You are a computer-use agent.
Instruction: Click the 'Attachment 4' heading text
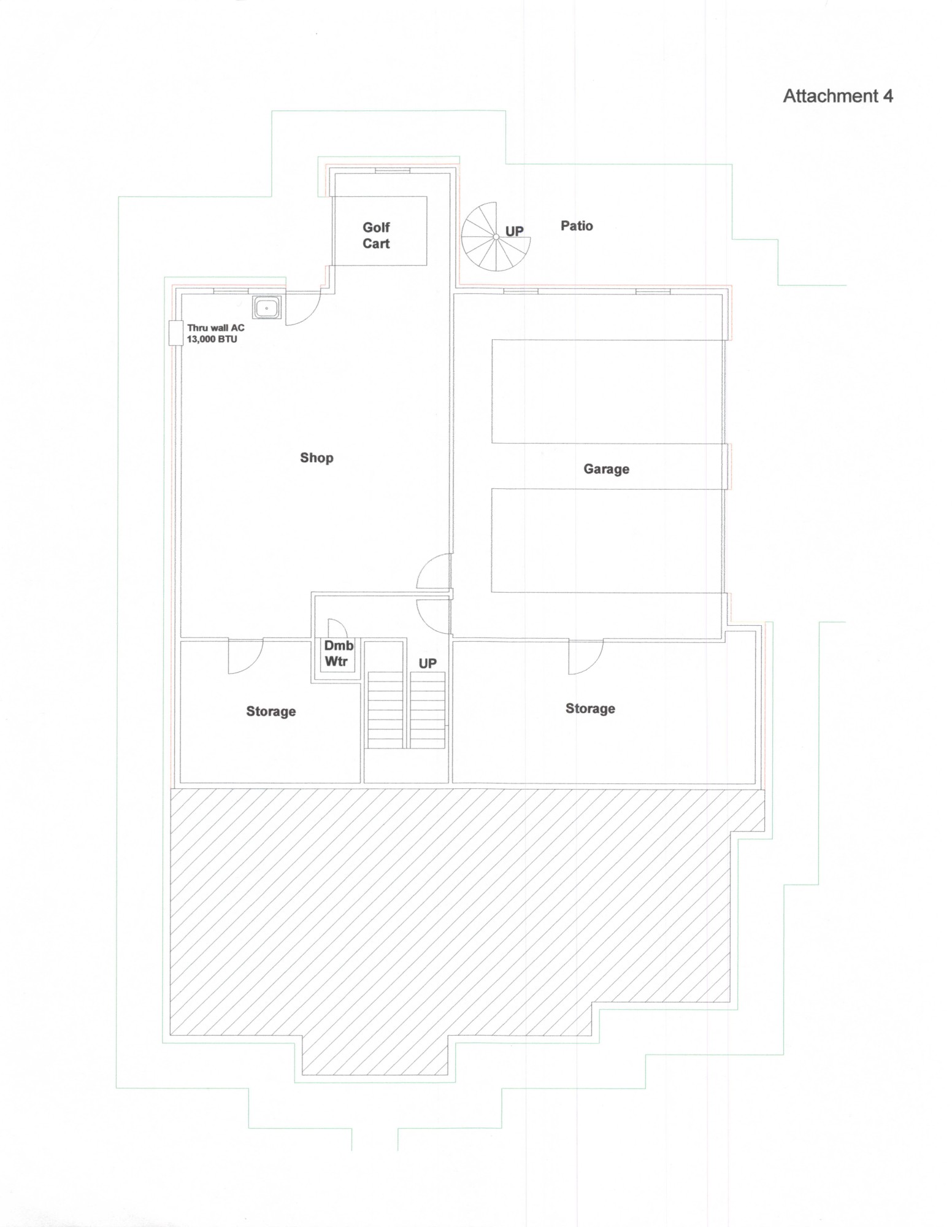click(x=837, y=96)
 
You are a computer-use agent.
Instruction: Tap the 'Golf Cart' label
click(x=376, y=236)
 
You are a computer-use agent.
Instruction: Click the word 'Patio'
click(x=577, y=226)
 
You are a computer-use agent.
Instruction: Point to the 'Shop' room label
click(x=317, y=458)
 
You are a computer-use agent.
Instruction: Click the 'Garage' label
click(x=606, y=469)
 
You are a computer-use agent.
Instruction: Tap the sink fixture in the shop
click(x=267, y=308)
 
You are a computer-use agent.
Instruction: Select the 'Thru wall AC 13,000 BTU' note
click(x=215, y=334)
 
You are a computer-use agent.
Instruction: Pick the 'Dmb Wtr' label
click(x=339, y=653)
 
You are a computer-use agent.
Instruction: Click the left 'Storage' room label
click(x=271, y=712)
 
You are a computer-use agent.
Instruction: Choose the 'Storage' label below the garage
click(x=590, y=709)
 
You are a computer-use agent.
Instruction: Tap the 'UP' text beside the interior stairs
click(x=428, y=663)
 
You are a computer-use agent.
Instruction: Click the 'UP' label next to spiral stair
click(x=514, y=231)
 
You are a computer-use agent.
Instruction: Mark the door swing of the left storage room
click(x=244, y=658)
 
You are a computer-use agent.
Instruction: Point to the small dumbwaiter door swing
click(x=337, y=629)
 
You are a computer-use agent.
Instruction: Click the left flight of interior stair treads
click(x=385, y=710)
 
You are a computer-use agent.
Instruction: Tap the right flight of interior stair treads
click(x=428, y=710)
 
